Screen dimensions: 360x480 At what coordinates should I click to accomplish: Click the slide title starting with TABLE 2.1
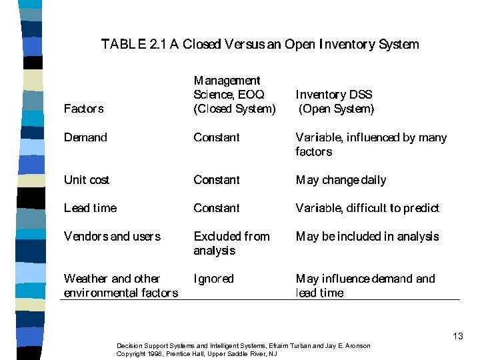tap(260, 45)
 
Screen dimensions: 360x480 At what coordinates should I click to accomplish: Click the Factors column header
tap(83, 109)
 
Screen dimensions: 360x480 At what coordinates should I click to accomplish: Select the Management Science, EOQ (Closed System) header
tap(234, 95)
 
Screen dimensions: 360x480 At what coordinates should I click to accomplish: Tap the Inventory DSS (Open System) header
tap(335, 102)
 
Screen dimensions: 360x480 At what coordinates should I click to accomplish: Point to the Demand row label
tap(85, 137)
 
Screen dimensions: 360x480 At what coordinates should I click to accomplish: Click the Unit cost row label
tap(87, 180)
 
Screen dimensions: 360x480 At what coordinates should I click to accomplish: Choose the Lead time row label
tap(90, 208)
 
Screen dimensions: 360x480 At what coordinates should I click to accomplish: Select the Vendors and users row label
tap(112, 236)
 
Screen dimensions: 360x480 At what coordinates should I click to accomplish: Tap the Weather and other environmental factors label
tap(121, 285)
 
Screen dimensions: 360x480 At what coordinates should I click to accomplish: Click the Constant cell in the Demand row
tap(216, 137)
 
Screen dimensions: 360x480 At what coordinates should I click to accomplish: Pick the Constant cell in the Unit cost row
tap(216, 180)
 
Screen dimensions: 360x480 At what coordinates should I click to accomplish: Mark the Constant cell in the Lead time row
tap(216, 208)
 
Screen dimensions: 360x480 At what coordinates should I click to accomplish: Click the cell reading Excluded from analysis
tap(231, 243)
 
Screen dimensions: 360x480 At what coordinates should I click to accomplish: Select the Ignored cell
tap(213, 279)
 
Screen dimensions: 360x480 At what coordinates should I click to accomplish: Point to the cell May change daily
tap(341, 180)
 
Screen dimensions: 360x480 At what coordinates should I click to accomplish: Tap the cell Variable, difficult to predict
tap(367, 208)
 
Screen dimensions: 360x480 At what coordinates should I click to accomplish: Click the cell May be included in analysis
tap(367, 236)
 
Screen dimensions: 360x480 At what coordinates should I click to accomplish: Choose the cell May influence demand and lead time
tap(365, 285)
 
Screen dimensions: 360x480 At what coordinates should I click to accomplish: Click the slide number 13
tap(457, 336)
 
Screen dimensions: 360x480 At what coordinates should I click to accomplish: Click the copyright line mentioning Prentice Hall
tap(197, 354)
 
